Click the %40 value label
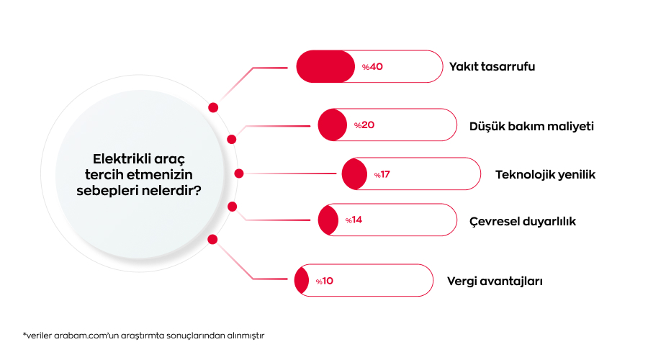click(372, 67)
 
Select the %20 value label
click(364, 125)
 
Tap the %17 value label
click(382, 174)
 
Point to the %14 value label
click(353, 220)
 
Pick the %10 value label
click(324, 281)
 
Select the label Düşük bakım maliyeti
click(531, 125)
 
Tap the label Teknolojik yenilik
click(545, 174)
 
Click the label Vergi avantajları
click(495, 281)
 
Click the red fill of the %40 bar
click(325, 66)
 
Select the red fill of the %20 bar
click(331, 125)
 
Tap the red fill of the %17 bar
click(353, 174)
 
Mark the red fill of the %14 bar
click(327, 220)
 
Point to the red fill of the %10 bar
click(300, 281)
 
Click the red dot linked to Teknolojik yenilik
click(239, 174)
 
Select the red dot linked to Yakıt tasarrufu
click(213, 107)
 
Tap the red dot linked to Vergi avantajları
click(212, 239)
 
